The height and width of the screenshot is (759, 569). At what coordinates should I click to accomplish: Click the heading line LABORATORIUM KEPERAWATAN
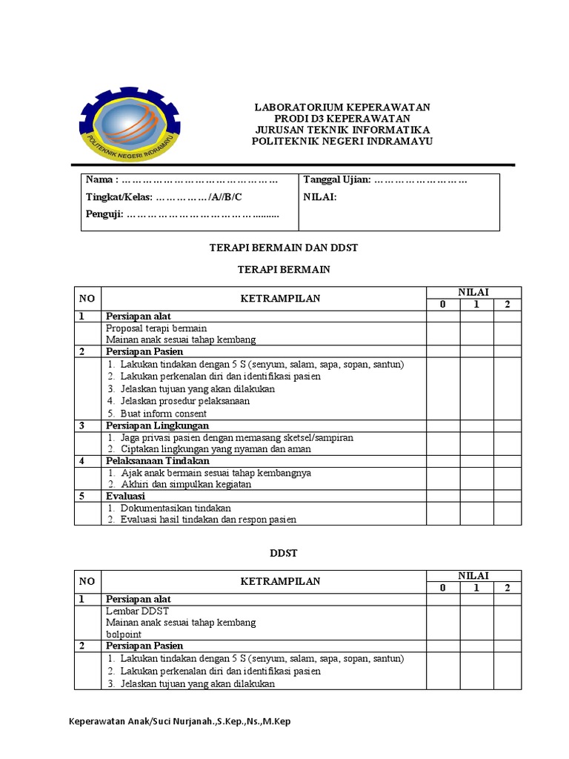342,107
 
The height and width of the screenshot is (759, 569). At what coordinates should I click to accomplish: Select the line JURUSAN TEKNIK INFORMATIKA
342,130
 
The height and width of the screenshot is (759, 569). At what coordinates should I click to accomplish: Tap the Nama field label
102,180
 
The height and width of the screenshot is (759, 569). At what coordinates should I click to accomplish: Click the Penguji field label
104,215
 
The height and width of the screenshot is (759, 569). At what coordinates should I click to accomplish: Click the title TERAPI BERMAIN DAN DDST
284,248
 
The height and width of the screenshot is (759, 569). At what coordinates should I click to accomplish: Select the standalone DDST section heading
284,553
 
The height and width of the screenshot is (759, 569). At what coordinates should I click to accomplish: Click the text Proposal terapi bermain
156,328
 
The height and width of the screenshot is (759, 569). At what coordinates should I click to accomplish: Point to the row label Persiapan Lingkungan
157,425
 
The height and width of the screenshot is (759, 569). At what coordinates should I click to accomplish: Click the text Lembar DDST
138,611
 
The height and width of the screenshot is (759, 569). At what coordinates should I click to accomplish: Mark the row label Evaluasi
125,496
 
